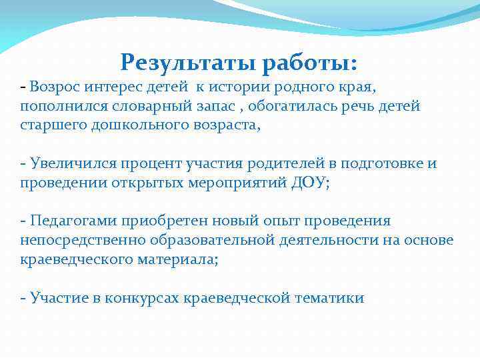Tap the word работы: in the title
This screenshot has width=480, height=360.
[x=310, y=63]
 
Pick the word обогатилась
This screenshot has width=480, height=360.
[x=311, y=107]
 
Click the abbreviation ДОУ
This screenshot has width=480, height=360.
[x=307, y=183]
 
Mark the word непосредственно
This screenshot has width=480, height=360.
[x=86, y=241]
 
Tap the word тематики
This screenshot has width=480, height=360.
[x=331, y=298]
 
